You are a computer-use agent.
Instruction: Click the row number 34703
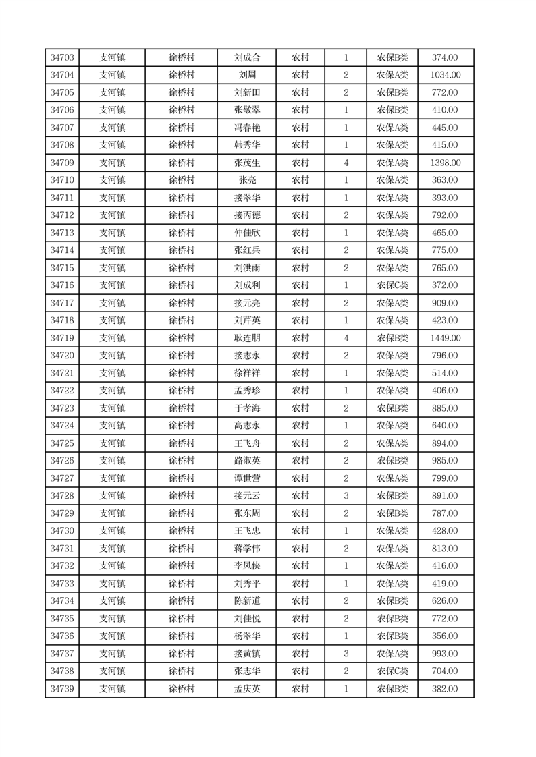click(62, 58)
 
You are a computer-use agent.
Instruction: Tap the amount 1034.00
click(445, 76)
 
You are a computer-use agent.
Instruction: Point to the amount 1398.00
click(445, 163)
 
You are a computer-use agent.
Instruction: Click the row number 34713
click(62, 233)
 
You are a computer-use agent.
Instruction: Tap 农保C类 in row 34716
click(392, 286)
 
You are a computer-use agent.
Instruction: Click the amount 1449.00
click(445, 339)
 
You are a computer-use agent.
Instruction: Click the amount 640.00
click(445, 426)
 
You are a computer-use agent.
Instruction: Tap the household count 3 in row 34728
click(346, 497)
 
